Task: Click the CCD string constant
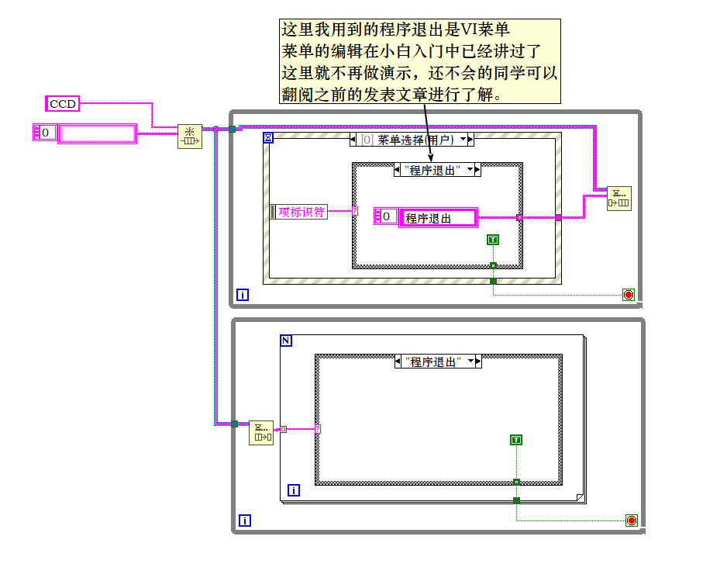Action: pos(63,103)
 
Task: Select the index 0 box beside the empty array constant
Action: pos(45,133)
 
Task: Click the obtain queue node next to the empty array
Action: pos(190,136)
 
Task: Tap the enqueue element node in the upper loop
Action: pos(618,198)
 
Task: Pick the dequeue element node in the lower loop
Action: pos(261,433)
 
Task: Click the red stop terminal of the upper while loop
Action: pos(628,295)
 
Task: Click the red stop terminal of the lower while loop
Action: pos(631,521)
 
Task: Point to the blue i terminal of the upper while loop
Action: pos(243,295)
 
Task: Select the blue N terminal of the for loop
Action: pos(286,341)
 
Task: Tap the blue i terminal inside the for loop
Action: pos(294,490)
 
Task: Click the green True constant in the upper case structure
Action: pos(493,240)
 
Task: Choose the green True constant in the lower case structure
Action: pos(516,440)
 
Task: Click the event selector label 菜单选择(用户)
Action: pos(415,140)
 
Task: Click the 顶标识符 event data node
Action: pos(301,212)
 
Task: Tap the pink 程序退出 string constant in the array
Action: pos(437,218)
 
